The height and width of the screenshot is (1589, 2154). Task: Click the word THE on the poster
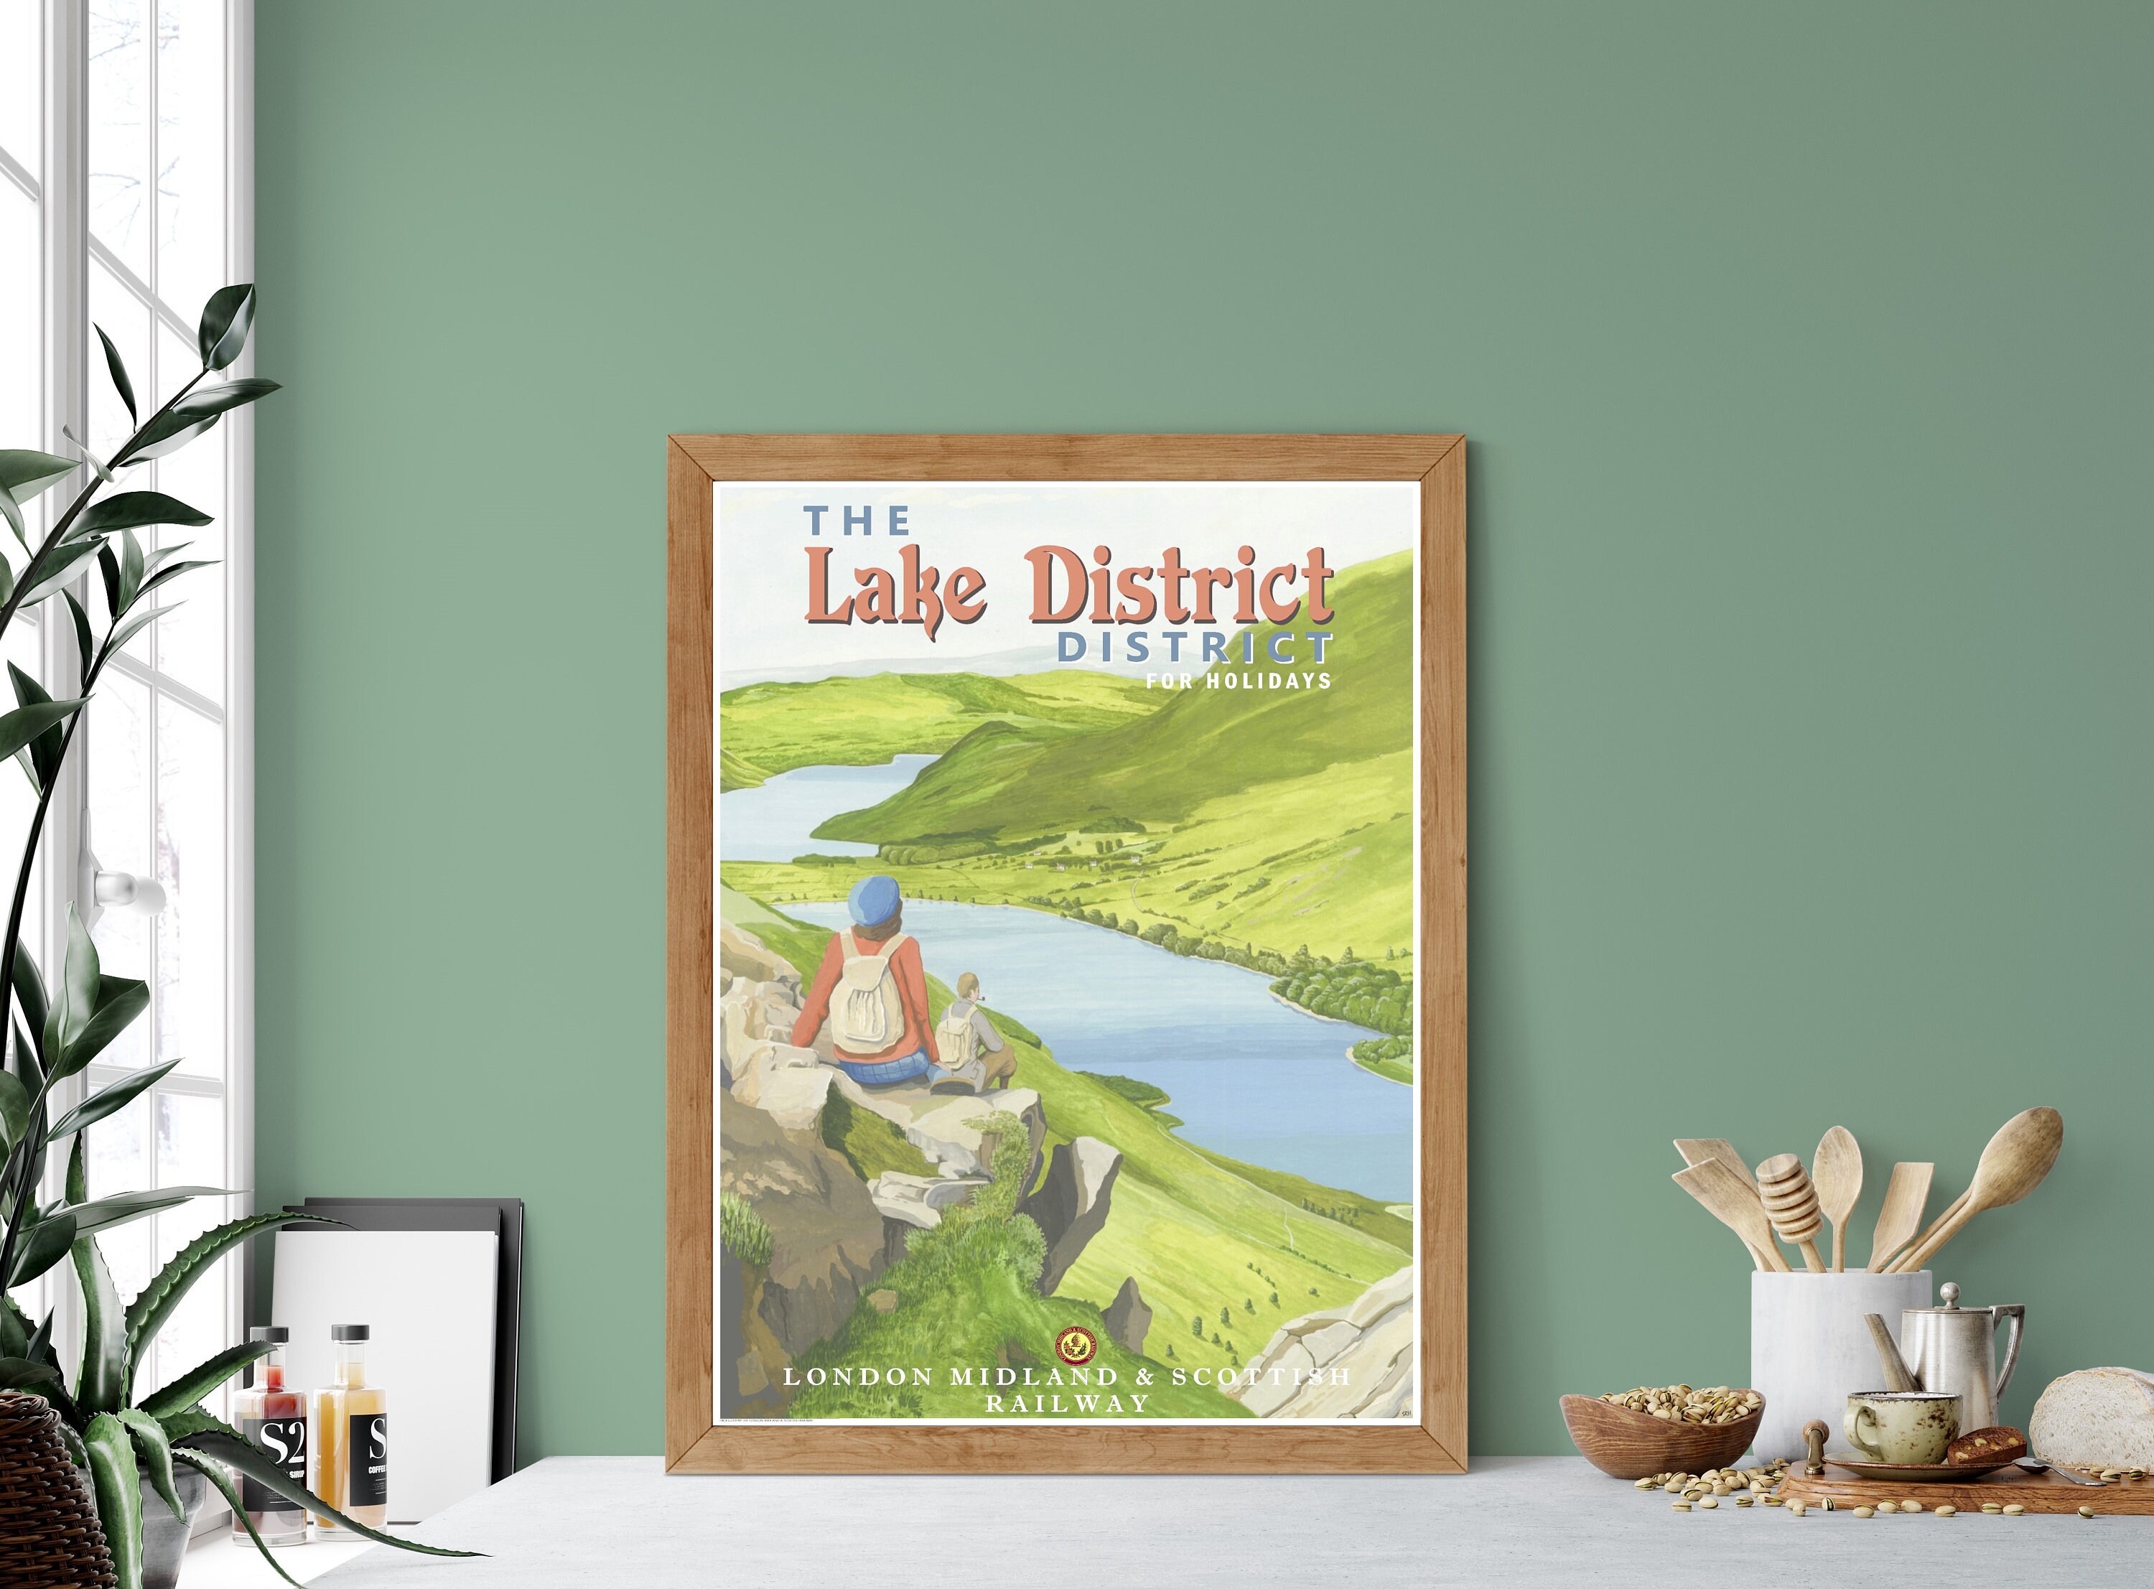click(857, 521)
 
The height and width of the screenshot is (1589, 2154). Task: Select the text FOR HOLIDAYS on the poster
click(1238, 681)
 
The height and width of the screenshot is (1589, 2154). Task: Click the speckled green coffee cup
click(1899, 1425)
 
